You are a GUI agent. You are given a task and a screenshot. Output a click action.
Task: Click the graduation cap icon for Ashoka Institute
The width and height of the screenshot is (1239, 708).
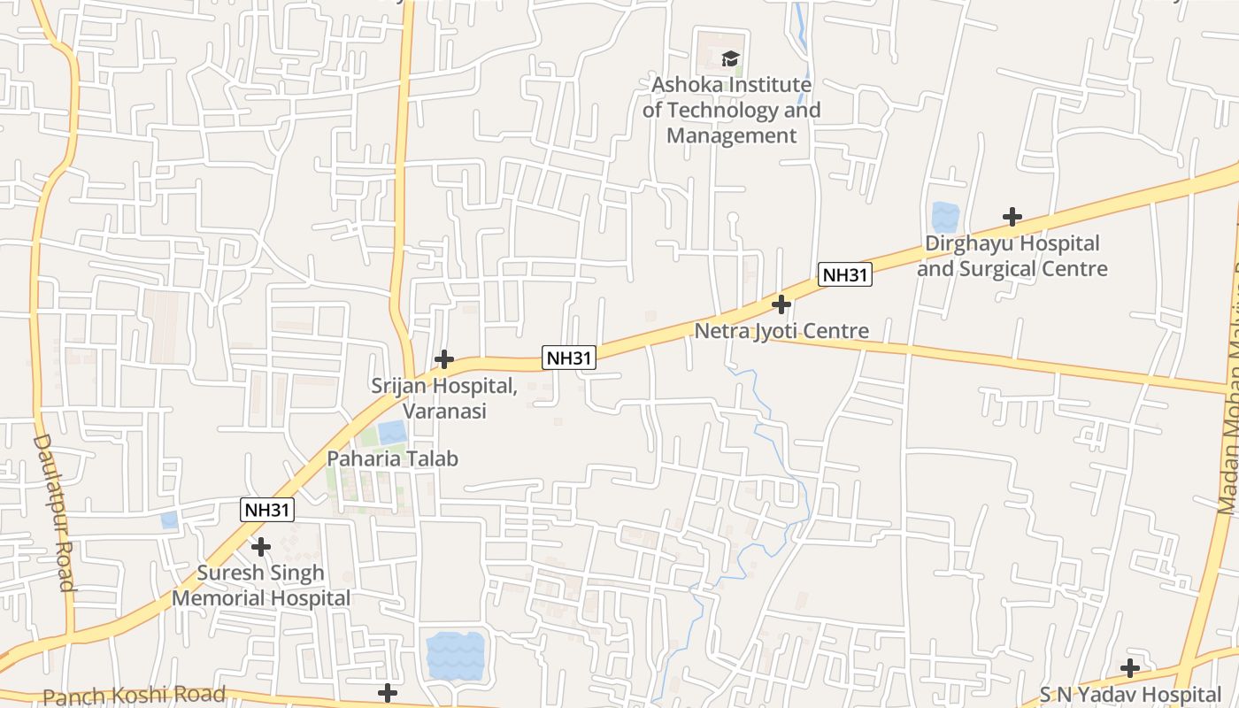coord(730,59)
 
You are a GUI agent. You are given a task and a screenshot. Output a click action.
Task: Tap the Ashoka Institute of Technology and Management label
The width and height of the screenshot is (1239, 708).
coord(731,111)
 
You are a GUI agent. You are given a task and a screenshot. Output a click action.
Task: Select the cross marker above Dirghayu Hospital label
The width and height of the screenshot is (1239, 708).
coord(1012,217)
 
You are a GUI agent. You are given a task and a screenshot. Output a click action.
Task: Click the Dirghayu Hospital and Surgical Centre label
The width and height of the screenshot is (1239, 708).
coord(1012,256)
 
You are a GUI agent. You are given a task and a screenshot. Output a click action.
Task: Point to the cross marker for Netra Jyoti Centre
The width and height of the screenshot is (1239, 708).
coord(781,305)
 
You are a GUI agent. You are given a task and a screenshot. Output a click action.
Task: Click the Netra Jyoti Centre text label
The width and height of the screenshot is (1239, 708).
coord(781,331)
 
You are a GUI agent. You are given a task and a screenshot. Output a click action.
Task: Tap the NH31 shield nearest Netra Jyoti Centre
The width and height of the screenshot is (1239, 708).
coord(844,274)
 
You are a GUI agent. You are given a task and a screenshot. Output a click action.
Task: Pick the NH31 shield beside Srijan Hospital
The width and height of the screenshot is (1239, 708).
coord(569,358)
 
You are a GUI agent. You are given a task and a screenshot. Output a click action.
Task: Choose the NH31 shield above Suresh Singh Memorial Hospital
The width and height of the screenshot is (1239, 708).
coord(267,510)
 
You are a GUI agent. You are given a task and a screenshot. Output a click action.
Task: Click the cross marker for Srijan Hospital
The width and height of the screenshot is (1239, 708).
coord(444,359)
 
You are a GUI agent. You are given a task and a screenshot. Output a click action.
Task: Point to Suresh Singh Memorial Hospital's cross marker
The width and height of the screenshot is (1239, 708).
coord(260,547)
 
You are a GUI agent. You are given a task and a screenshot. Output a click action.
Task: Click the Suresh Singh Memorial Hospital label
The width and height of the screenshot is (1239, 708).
coord(261,585)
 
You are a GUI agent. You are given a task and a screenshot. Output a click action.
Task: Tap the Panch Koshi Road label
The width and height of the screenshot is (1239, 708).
coord(135,696)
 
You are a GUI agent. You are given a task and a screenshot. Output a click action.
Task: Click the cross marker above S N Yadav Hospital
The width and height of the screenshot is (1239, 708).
coord(1130,668)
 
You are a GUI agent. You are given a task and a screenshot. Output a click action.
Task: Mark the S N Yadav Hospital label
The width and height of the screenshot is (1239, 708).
coord(1130,694)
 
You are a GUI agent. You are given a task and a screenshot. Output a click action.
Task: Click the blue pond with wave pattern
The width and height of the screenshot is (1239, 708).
coord(455,655)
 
